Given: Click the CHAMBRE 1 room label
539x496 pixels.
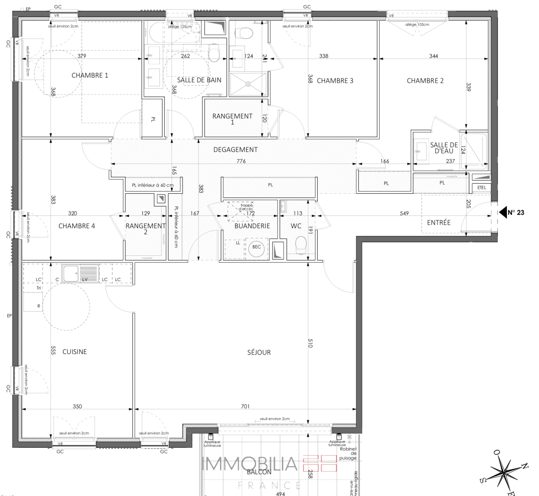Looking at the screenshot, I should (x=90, y=75).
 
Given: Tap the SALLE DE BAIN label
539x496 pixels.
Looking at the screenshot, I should (x=199, y=80).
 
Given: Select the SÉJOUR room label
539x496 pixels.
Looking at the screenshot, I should (x=259, y=352).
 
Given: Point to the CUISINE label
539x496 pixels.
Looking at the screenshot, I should (x=74, y=352).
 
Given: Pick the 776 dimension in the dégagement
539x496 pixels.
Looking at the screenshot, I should (x=241, y=161).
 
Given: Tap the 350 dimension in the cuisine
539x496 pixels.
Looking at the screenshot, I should (x=77, y=406).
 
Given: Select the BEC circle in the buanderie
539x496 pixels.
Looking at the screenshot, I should (x=257, y=247).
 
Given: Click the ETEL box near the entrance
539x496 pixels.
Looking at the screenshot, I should (x=482, y=187).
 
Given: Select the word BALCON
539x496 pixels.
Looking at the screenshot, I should (x=259, y=472).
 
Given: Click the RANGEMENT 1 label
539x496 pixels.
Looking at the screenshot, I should (x=232, y=119).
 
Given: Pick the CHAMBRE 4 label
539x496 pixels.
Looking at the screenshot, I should (x=77, y=226).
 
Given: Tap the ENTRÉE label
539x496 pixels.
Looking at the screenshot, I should (x=438, y=223).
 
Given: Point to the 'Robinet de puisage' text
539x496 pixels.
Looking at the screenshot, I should (x=348, y=453).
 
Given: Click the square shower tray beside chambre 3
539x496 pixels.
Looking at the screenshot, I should (x=248, y=84).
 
